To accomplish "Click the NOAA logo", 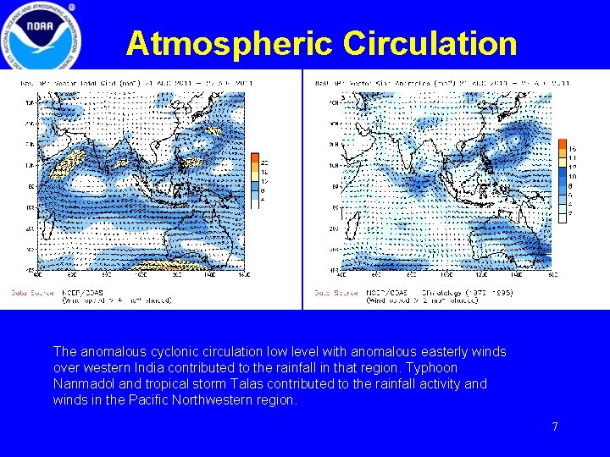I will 42,36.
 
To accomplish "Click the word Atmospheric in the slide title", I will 229,43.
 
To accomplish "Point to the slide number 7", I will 555,427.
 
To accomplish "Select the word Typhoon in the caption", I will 433,367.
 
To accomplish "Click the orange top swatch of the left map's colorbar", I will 254,157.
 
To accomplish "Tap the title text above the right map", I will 431,83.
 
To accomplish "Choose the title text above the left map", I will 127,83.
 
